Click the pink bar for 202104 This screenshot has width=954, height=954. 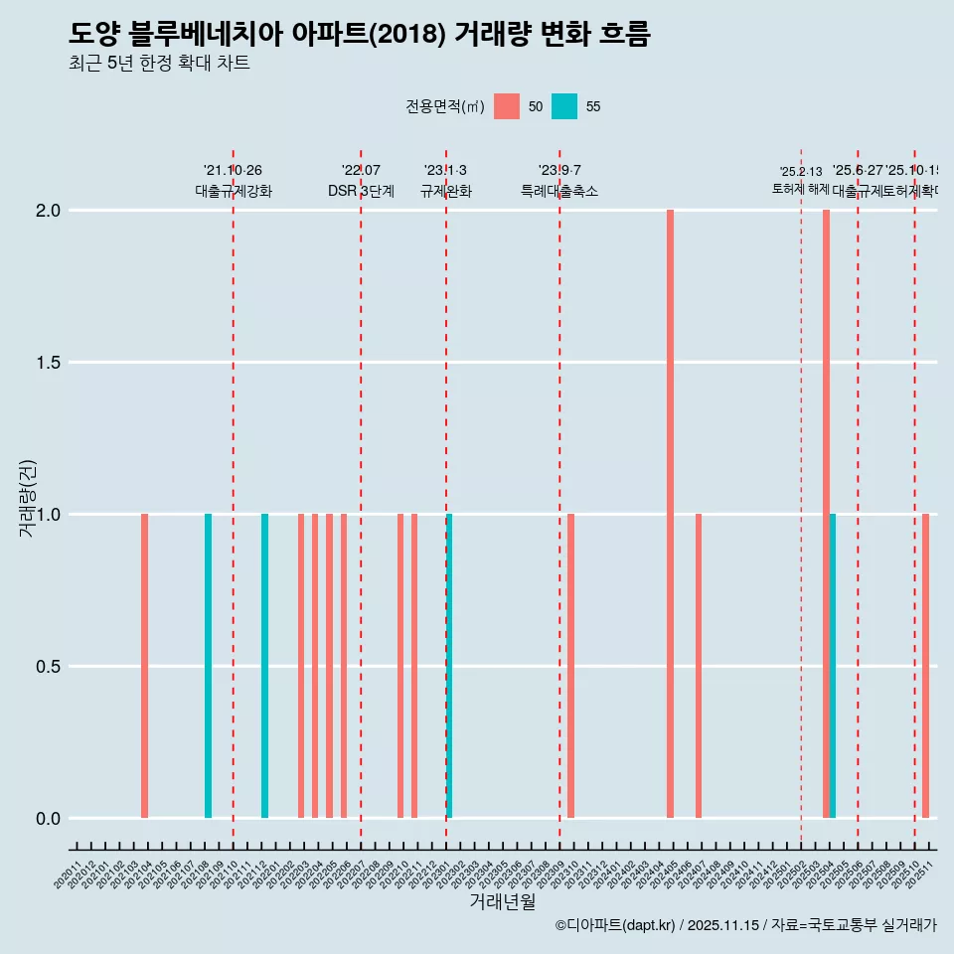click(x=144, y=666)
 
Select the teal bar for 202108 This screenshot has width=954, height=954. click(x=208, y=666)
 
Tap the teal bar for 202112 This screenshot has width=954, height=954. click(x=264, y=666)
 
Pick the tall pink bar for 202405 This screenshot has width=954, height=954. click(x=670, y=514)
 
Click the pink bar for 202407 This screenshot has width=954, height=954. click(x=699, y=666)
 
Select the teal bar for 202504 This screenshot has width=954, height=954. click(x=833, y=666)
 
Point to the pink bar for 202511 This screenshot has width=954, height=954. click(x=925, y=666)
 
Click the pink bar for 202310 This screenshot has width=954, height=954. click(x=570, y=666)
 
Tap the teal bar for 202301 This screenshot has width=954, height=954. click(x=449, y=666)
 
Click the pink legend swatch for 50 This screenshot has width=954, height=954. click(x=507, y=106)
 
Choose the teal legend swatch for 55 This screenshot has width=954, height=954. click(x=564, y=106)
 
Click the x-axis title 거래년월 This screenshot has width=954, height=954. click(x=502, y=902)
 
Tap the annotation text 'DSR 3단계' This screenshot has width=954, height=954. click(x=361, y=192)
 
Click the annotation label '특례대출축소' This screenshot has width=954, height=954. click(x=559, y=192)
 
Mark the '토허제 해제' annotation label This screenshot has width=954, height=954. click(x=800, y=189)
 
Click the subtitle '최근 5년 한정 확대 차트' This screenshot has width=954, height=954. click(x=159, y=64)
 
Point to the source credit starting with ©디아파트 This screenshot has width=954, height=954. click(x=745, y=925)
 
